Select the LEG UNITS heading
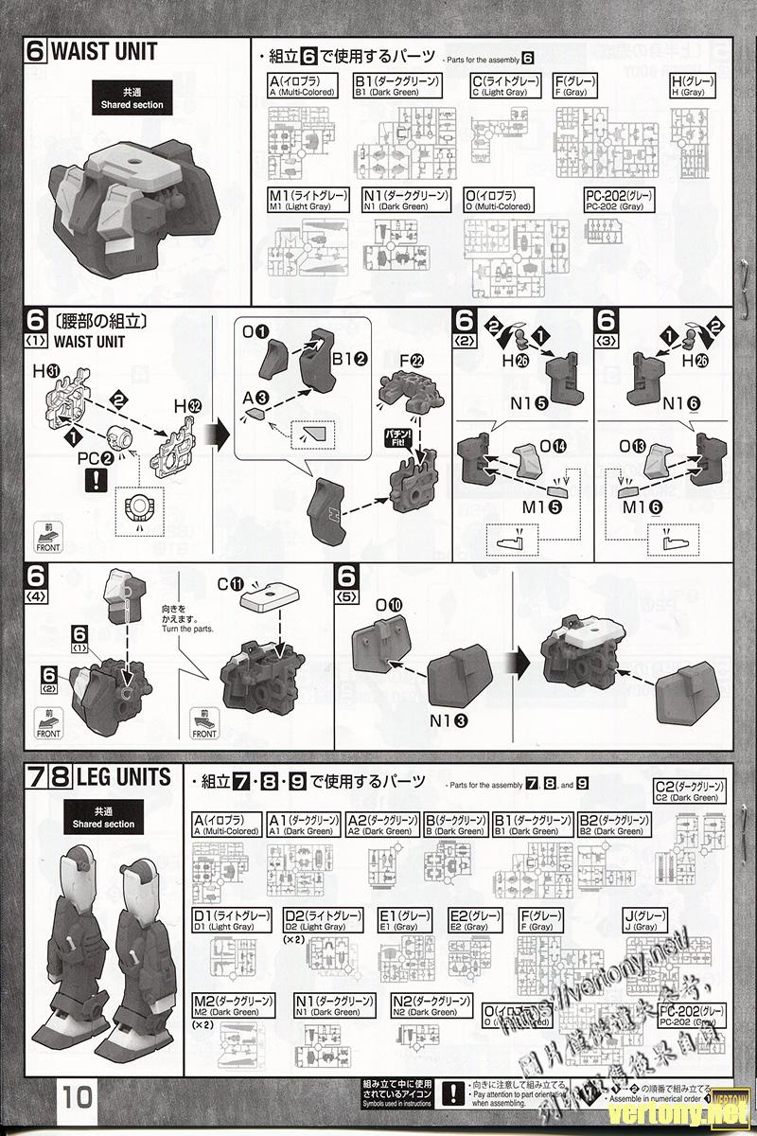[x=124, y=778]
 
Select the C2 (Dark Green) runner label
[x=690, y=791]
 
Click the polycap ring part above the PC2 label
[x=121, y=438]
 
